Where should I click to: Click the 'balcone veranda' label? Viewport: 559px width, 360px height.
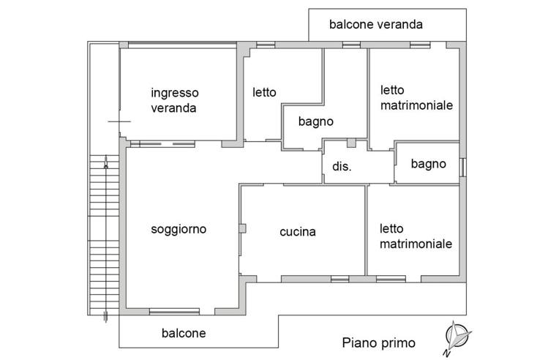pyautogui.click(x=376, y=24)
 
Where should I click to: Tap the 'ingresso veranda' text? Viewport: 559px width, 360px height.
pyautogui.click(x=174, y=100)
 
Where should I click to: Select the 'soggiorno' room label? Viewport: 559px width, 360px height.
pyautogui.click(x=179, y=229)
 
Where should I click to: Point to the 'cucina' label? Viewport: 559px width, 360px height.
pyautogui.click(x=298, y=232)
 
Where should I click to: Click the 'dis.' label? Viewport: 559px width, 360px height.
pyautogui.click(x=342, y=166)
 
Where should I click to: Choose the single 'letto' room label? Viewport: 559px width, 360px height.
pyautogui.click(x=264, y=92)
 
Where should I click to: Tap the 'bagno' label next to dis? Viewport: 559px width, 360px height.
pyautogui.click(x=428, y=164)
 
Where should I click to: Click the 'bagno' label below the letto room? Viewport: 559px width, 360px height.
pyautogui.click(x=316, y=121)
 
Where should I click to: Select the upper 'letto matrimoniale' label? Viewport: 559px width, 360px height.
pyautogui.click(x=416, y=97)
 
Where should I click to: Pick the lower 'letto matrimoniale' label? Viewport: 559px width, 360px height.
pyautogui.click(x=415, y=236)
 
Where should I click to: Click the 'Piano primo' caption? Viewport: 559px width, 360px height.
pyautogui.click(x=378, y=342)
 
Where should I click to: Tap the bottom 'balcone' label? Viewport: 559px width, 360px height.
pyautogui.click(x=183, y=333)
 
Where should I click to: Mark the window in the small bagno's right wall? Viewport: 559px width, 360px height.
pyautogui.click(x=462, y=168)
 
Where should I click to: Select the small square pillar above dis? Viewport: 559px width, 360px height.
pyautogui.click(x=351, y=142)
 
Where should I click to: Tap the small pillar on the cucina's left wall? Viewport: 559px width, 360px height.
pyautogui.click(x=243, y=229)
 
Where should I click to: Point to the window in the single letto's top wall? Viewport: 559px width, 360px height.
pyautogui.click(x=265, y=45)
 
